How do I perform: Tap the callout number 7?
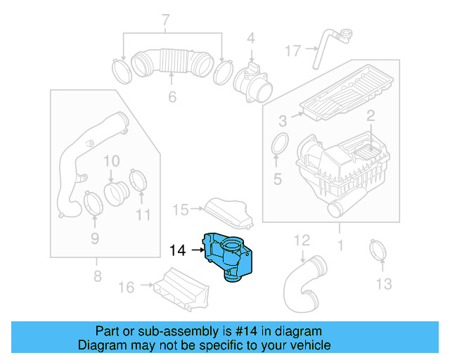(x=166, y=19)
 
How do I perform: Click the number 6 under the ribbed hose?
(x=172, y=97)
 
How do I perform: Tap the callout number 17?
(x=293, y=51)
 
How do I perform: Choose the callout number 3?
(x=282, y=121)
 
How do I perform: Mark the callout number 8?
(x=97, y=275)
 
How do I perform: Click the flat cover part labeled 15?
(x=229, y=210)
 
